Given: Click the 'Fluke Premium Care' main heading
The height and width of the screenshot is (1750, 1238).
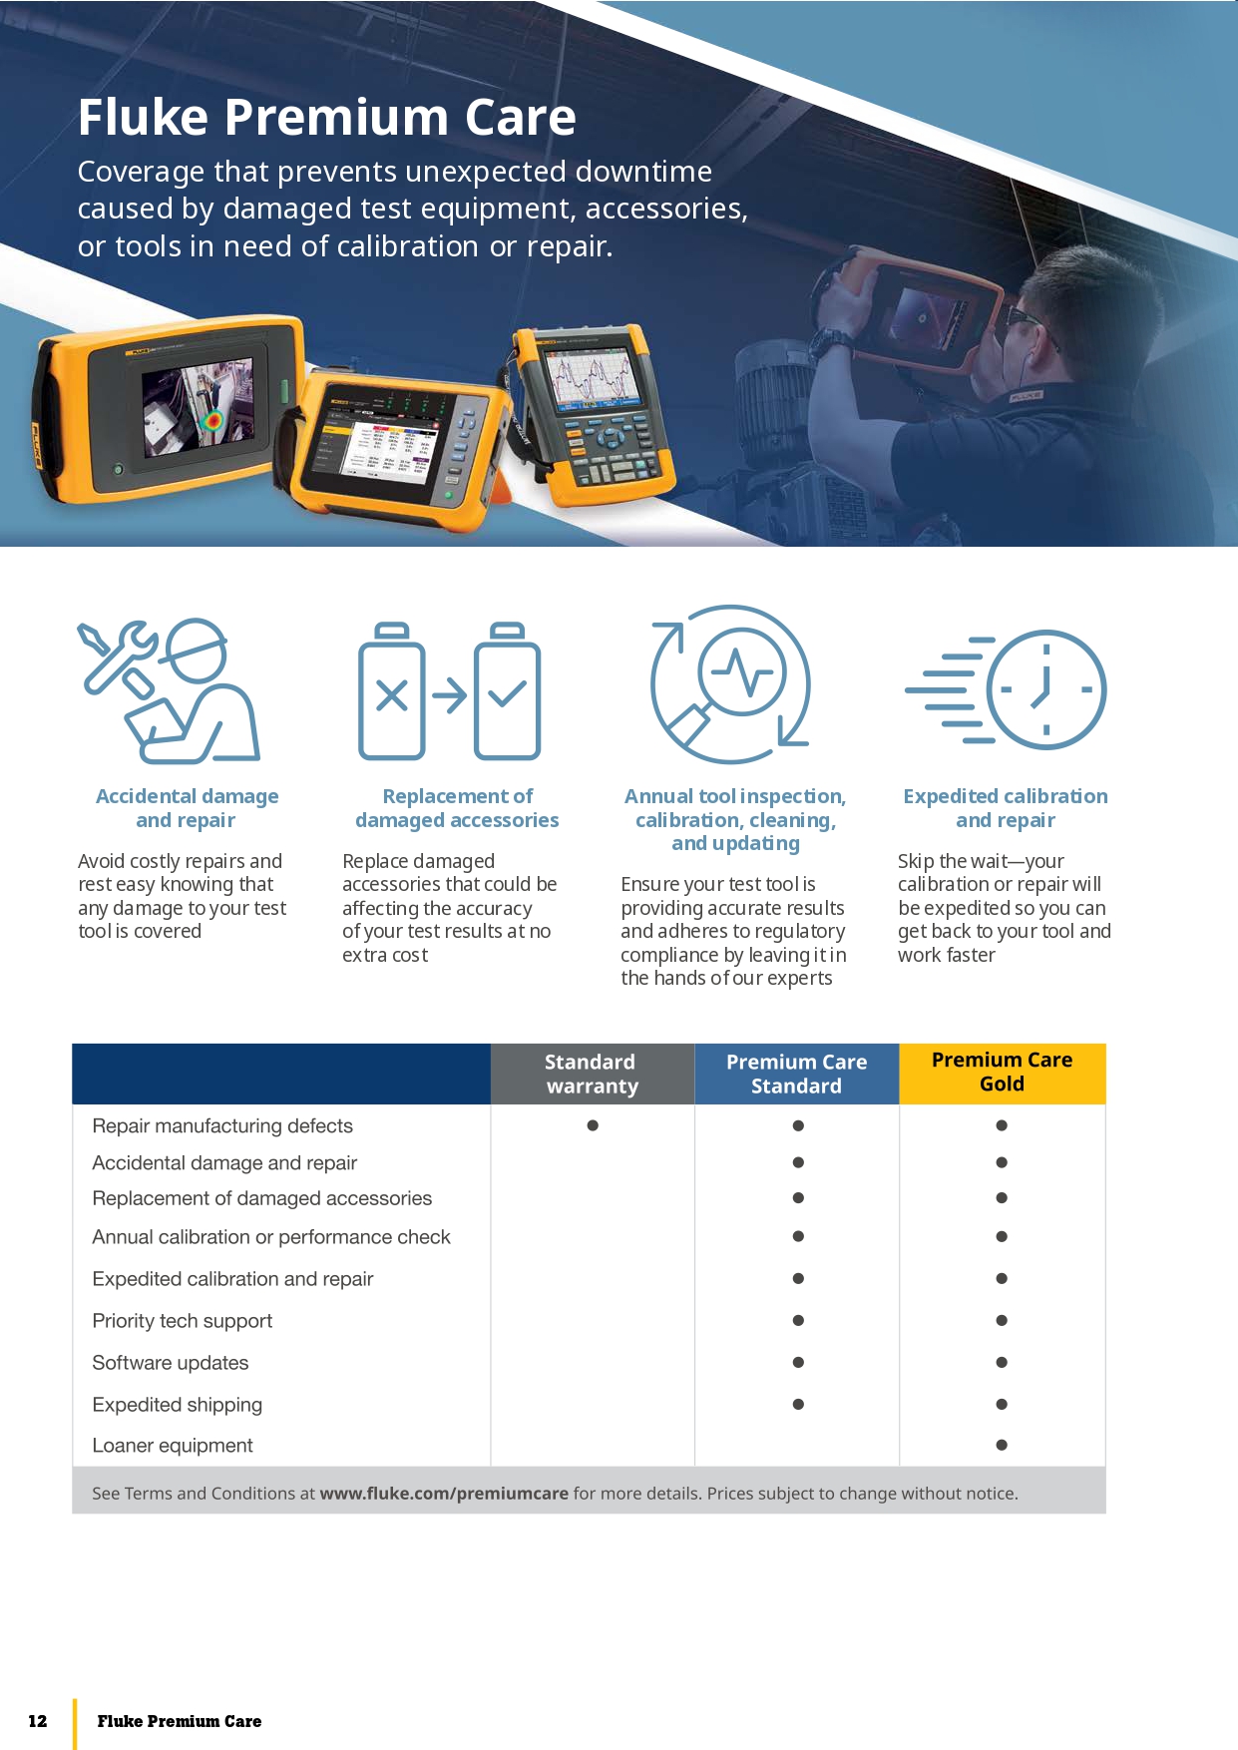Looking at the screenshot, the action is [327, 117].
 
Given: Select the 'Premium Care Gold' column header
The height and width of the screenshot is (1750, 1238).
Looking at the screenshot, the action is [1003, 1074].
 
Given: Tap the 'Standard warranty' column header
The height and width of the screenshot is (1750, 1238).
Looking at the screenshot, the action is [593, 1074].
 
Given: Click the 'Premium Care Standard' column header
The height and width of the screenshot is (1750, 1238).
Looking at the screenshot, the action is [797, 1074].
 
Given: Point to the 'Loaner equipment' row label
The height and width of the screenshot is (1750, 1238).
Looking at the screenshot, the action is [173, 1446].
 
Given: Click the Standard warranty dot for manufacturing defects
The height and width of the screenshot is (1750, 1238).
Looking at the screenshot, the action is [593, 1125].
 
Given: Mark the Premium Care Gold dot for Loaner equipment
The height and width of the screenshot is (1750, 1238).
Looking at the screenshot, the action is [1002, 1445].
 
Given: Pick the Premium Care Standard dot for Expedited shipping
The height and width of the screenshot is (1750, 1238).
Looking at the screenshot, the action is [798, 1404].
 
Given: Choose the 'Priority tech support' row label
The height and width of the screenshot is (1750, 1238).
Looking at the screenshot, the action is [183, 1321].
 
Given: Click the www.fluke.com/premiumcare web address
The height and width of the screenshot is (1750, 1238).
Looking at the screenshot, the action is [444, 1494].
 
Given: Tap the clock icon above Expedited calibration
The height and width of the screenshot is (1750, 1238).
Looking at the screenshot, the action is [1046, 689].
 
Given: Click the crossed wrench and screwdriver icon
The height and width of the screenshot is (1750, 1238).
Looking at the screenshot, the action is [118, 658].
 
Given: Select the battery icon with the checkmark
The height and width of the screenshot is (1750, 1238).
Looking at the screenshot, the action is [508, 690].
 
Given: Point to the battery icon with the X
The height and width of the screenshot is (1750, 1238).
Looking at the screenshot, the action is [392, 690].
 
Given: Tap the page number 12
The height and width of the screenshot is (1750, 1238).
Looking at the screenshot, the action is [38, 1721].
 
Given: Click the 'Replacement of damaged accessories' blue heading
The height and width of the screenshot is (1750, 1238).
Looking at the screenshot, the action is [457, 808].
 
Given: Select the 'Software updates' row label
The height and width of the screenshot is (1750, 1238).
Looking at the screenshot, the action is [171, 1363].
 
